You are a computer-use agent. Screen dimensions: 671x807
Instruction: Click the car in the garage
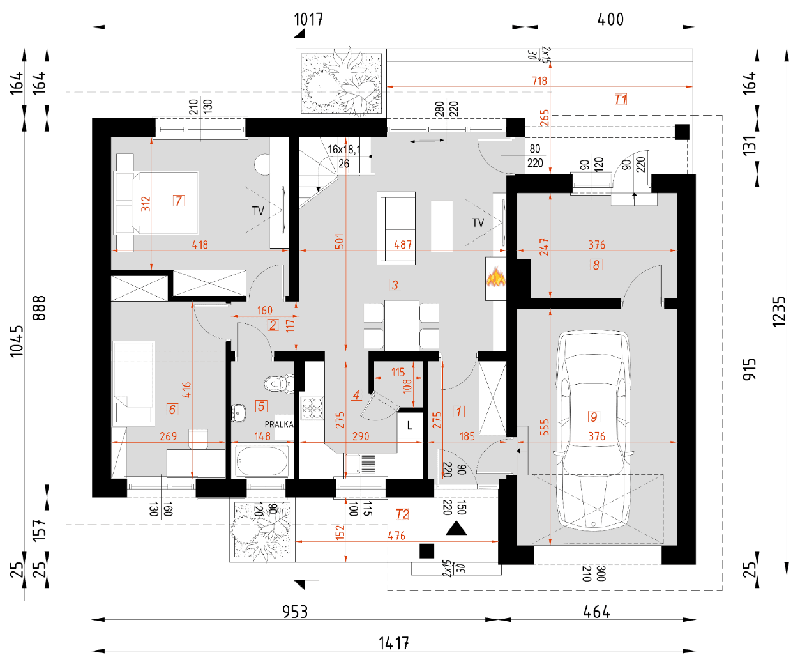click(593, 431)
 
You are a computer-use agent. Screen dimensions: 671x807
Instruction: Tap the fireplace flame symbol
click(495, 278)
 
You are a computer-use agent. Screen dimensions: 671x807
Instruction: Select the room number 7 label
click(179, 201)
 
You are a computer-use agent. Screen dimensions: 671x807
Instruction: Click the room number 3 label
click(394, 285)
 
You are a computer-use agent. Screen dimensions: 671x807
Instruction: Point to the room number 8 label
click(596, 265)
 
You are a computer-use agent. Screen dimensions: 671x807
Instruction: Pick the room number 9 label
click(594, 417)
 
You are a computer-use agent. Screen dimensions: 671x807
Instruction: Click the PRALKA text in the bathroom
click(279, 424)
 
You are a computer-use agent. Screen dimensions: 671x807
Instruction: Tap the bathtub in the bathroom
click(262, 460)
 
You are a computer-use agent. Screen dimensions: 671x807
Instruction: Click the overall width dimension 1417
click(393, 643)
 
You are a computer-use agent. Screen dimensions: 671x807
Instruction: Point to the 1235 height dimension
click(779, 311)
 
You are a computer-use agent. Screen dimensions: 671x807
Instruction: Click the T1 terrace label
click(621, 99)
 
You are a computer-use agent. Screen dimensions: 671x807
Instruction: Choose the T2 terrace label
click(402, 514)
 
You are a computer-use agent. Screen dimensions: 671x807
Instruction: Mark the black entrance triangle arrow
click(456, 528)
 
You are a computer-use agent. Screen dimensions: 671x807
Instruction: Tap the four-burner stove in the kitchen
click(312, 408)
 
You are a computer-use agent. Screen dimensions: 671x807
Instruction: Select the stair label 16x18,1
click(344, 150)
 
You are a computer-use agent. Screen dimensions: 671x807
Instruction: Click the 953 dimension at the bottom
click(295, 612)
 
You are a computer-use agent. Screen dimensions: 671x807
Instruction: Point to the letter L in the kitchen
click(409, 426)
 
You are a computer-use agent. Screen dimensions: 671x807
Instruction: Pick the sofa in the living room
click(396, 228)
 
